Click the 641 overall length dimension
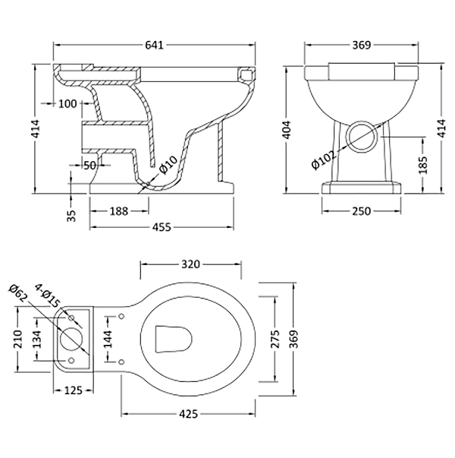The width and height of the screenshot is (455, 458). click(155, 46)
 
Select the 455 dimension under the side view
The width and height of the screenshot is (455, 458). click(158, 226)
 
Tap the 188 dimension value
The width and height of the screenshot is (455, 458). click(118, 210)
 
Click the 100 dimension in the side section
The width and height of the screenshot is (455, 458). click(67, 103)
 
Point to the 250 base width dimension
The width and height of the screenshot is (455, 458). click(361, 210)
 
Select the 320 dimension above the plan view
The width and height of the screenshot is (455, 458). click(190, 264)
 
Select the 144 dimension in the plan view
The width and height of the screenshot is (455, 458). click(108, 340)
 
